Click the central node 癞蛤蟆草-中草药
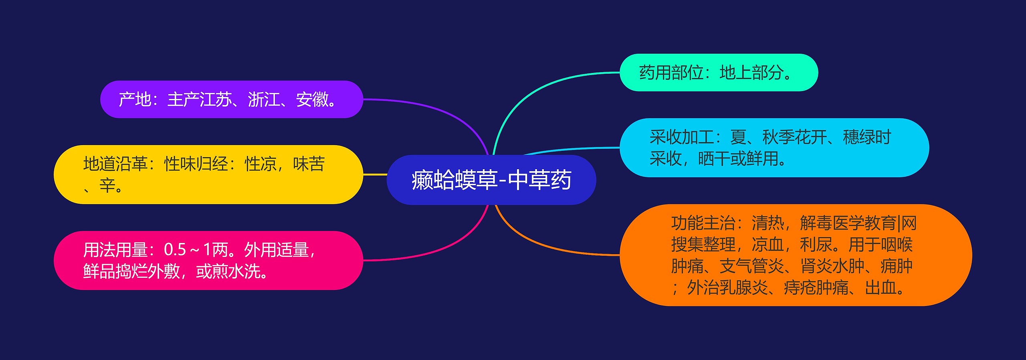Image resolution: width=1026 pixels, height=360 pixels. pyautogui.click(x=491, y=180)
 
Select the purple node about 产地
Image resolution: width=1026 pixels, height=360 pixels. pyautogui.click(x=232, y=99)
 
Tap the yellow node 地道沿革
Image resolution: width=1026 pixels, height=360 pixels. pyautogui.click(x=208, y=174)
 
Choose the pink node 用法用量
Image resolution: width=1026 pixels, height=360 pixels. pyautogui.click(x=208, y=261)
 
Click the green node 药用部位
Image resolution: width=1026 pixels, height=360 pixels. pyautogui.click(x=719, y=73)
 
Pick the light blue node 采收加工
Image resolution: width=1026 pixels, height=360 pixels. pyautogui.click(x=774, y=148)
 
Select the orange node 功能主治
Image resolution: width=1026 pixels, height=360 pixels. pyautogui.click(x=796, y=255)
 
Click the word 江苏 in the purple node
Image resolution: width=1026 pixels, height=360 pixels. pyautogui.click(x=216, y=99)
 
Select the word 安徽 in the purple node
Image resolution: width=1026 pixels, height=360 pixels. pyautogui.click(x=312, y=99)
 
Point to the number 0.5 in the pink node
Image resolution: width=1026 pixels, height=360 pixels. pyautogui.click(x=175, y=250)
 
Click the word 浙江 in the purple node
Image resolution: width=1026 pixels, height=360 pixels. pyautogui.click(x=264, y=99)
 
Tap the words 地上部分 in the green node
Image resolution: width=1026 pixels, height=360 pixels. pyautogui.click(x=751, y=73)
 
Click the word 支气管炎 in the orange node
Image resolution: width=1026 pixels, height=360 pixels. pyautogui.click(x=751, y=266)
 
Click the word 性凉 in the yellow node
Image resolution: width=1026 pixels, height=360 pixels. pyautogui.click(x=261, y=164)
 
